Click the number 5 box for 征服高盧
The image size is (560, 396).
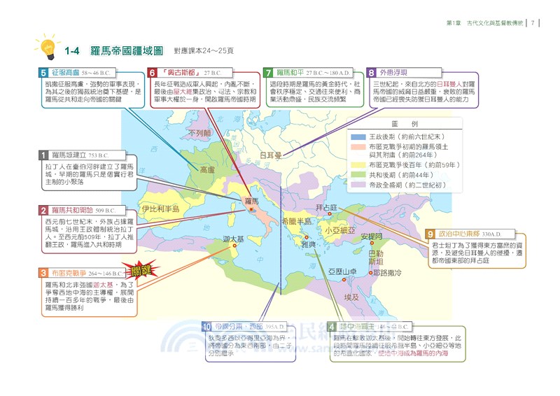(x=43, y=72)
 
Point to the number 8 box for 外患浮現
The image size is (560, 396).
(x=372, y=72)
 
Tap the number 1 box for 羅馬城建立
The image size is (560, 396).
(x=43, y=155)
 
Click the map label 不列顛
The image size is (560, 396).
(x=199, y=133)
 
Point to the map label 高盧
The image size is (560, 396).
(x=208, y=169)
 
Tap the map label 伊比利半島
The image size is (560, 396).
(x=161, y=208)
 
